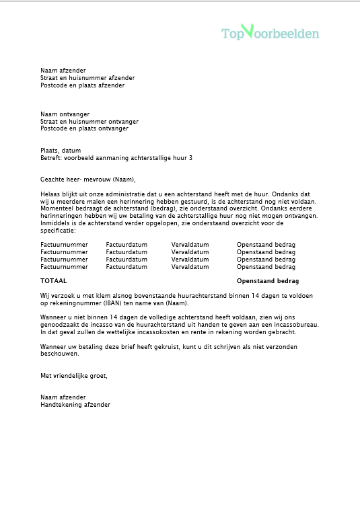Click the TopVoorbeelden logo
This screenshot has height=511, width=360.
[271, 32]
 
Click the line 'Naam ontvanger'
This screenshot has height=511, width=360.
[65, 114]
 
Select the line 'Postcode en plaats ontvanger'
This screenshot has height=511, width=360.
[84, 128]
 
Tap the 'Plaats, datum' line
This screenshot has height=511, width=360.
[61, 151]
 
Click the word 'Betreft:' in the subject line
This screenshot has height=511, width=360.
[51, 157]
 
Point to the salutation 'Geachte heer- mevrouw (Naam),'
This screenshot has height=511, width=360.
[87, 179]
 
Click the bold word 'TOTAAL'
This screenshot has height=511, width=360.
[54, 280]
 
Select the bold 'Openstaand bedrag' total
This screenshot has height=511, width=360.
[268, 280]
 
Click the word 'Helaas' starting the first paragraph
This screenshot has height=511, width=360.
[50, 194]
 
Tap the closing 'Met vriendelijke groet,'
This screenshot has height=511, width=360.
[74, 375]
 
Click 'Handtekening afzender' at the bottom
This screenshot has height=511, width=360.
[75, 405]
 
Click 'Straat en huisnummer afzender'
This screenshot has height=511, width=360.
[87, 78]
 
